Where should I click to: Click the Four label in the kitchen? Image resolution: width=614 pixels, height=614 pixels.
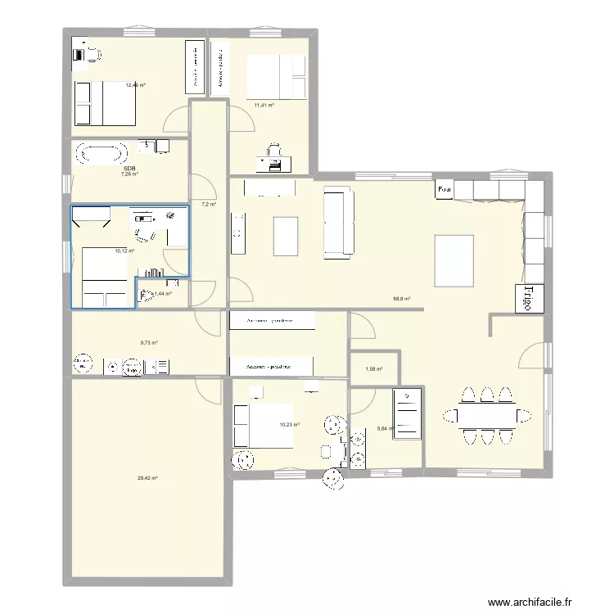point(445,190)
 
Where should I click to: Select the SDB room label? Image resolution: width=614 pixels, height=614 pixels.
point(129,169)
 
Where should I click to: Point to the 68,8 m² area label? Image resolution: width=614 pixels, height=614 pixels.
point(402,300)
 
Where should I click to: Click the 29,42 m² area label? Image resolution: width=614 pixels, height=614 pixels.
point(148,478)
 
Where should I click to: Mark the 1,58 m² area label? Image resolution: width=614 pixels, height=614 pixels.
point(373,368)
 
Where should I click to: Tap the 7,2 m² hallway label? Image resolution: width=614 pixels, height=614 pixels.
point(208,204)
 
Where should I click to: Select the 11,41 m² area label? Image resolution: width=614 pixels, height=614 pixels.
point(264,105)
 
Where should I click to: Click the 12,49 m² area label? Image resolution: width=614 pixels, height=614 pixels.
point(136,84)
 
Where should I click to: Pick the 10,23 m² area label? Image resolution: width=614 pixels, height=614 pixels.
point(290,424)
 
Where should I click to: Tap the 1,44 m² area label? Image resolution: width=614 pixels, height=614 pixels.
point(163,293)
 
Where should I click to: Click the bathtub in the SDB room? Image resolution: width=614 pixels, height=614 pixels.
point(102,153)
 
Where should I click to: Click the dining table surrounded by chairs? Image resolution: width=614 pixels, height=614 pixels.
point(486,416)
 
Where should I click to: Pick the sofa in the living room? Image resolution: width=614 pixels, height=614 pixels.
point(338,222)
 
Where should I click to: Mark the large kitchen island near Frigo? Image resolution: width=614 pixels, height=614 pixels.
point(454,260)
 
